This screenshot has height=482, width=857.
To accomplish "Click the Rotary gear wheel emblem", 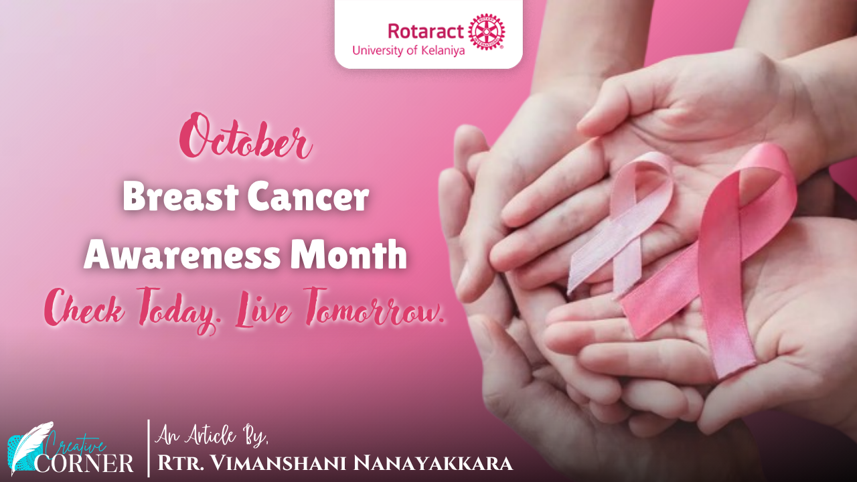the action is pyautogui.click(x=487, y=31).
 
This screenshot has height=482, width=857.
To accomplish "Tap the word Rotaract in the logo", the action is pyautogui.click(x=426, y=31).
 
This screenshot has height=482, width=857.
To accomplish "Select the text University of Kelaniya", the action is pyautogui.click(x=408, y=50).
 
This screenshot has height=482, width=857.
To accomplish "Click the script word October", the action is pyautogui.click(x=246, y=136).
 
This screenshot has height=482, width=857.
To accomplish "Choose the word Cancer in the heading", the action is pyautogui.click(x=308, y=197).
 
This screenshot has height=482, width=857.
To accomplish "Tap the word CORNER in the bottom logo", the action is pyautogui.click(x=84, y=463).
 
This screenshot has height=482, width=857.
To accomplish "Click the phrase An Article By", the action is pyautogui.click(x=212, y=436).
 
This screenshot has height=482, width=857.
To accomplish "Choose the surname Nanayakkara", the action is pyautogui.click(x=433, y=463).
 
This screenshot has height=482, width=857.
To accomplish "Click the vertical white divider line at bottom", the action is pyautogui.click(x=149, y=449).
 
